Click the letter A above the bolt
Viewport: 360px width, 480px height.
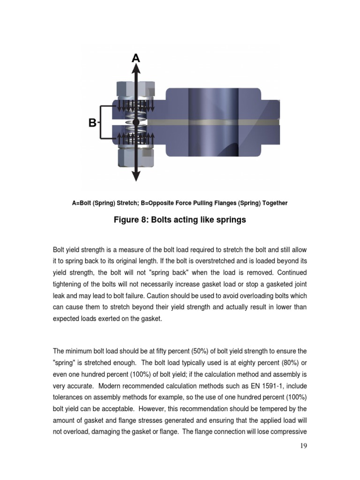(x=136, y=58)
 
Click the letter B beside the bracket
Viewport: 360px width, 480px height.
(x=92, y=123)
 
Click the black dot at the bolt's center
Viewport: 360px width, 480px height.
(x=136, y=122)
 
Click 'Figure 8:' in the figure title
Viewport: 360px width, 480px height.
(x=130, y=220)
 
